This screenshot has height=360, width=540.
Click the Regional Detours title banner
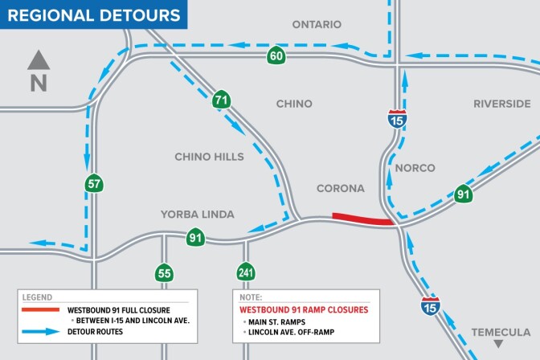(94, 14)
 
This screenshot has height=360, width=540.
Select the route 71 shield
(221, 100)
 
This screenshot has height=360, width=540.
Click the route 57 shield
(95, 184)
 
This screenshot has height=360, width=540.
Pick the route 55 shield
(165, 273)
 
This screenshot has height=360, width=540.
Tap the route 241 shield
(245, 273)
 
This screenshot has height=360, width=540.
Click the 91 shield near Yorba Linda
(195, 237)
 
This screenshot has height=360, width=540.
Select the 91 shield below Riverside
(463, 194)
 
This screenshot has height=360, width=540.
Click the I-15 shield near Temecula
(430, 305)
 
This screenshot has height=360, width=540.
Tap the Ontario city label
(317, 25)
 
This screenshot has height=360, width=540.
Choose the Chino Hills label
(209, 157)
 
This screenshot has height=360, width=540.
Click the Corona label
(341, 189)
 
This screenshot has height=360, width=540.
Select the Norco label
(415, 168)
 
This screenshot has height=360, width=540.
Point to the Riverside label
(501, 104)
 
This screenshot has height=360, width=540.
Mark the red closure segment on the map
(362, 219)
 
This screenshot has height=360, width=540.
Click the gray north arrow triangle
(39, 60)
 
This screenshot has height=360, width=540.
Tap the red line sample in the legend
(42, 309)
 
